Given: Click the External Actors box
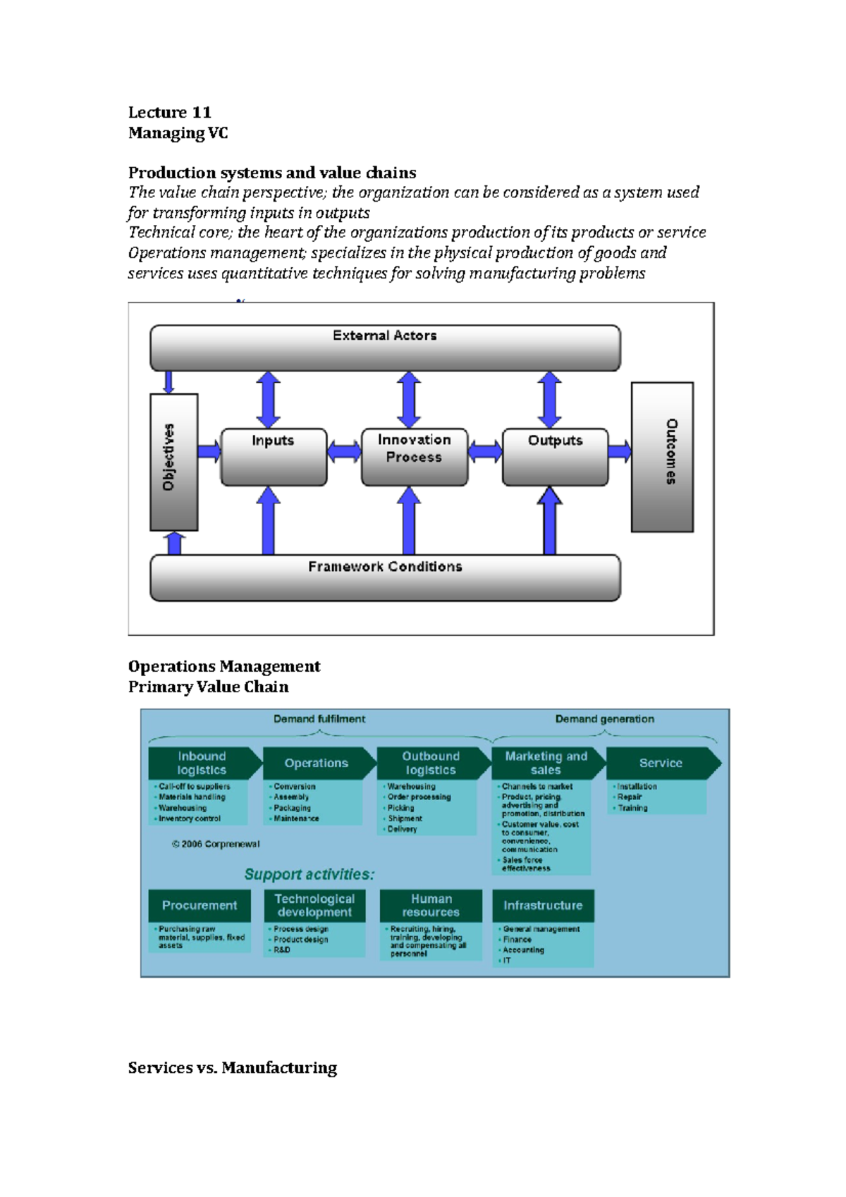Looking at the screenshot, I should [x=385, y=348].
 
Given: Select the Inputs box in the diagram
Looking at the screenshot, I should [x=274, y=457].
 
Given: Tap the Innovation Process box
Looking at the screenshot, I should [x=414, y=457].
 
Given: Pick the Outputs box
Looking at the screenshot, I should [x=555, y=457].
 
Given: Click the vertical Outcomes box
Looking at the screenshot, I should [x=662, y=457].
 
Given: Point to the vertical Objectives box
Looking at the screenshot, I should [x=173, y=462].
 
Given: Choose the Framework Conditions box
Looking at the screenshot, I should [x=385, y=577].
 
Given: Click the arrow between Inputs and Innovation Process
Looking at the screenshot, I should [x=344, y=451].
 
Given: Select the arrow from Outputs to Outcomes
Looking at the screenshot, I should [x=620, y=451].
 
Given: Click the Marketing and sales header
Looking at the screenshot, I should [x=546, y=763].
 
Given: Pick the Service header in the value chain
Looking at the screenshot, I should [x=661, y=763].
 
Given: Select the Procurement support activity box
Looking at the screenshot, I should [x=200, y=906].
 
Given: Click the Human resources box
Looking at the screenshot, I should [x=431, y=906].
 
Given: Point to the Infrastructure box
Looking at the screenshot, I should [x=543, y=906].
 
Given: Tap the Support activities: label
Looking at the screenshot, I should [x=309, y=875].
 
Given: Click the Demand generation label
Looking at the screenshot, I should [x=604, y=719].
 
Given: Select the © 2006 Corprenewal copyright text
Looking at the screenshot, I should [x=216, y=845].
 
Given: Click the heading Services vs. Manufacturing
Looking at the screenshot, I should [x=233, y=1068].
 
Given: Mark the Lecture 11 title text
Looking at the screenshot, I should [x=169, y=113].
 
